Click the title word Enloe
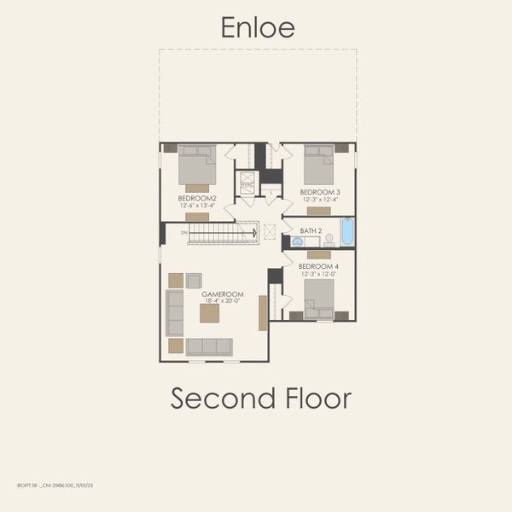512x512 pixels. click(x=258, y=27)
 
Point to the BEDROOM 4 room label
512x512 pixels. click(x=318, y=266)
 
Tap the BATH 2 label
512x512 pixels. click(x=311, y=231)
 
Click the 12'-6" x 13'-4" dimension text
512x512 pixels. click(x=196, y=205)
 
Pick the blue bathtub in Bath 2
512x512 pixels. click(x=346, y=231)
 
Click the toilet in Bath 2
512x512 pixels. click(x=329, y=240)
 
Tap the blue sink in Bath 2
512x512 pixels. click(x=297, y=241)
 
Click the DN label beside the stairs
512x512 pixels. click(x=183, y=232)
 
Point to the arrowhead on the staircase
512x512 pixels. click(x=253, y=232)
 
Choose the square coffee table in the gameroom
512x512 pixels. click(x=209, y=313)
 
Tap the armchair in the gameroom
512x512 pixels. click(x=194, y=281)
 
